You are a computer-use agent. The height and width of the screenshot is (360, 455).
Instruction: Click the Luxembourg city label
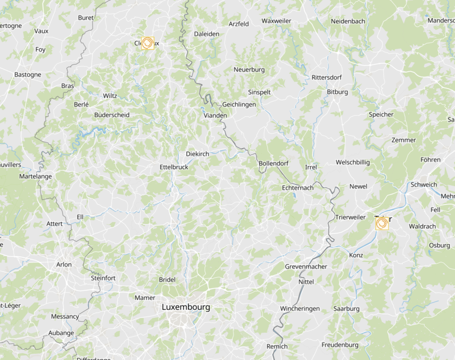click(186, 307)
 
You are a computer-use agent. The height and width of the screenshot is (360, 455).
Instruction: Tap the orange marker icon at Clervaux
click(148, 43)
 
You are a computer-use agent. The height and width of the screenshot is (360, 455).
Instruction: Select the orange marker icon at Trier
click(382, 223)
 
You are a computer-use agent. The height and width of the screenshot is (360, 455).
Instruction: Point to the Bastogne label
click(28, 75)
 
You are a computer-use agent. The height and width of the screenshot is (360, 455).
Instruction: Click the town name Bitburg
click(337, 92)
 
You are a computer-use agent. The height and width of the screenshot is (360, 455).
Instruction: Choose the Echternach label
click(298, 188)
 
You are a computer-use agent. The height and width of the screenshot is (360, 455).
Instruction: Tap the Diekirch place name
click(198, 154)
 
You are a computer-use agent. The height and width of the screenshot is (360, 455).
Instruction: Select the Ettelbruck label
click(174, 167)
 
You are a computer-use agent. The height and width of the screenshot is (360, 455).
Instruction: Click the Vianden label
click(215, 116)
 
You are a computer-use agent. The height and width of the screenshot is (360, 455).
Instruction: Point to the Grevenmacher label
click(306, 266)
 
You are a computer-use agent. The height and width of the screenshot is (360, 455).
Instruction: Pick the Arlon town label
click(64, 264)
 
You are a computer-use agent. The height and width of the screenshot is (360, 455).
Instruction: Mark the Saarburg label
click(346, 309)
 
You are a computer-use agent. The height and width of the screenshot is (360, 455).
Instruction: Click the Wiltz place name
click(110, 96)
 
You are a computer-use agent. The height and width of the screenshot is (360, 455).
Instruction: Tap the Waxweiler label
click(277, 21)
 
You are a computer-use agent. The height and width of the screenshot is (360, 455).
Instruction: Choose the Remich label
click(277, 347)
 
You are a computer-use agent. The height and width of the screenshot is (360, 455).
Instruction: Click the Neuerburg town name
click(249, 70)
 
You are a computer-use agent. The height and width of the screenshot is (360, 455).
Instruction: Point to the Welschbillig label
click(353, 163)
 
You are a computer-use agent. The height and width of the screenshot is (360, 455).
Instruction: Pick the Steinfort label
click(103, 278)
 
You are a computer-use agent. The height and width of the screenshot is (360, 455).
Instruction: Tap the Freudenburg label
click(340, 345)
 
